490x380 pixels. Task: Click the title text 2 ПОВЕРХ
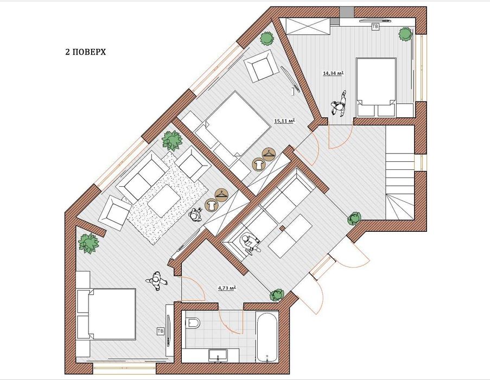tap(85, 52)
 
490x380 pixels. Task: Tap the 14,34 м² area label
tap(333, 73)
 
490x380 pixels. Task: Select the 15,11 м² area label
tap(285, 121)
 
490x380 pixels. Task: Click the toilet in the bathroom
tap(193, 322)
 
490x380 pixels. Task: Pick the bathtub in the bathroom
tap(266, 337)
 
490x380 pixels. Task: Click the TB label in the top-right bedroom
tap(375, 27)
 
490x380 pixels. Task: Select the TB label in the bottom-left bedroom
tap(161, 331)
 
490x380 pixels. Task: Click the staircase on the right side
tap(400, 173)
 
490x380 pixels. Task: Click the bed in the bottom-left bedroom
tap(107, 314)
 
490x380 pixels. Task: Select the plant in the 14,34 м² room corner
tap(405, 34)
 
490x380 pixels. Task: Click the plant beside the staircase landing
tap(354, 218)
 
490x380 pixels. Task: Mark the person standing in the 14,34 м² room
tap(339, 105)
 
